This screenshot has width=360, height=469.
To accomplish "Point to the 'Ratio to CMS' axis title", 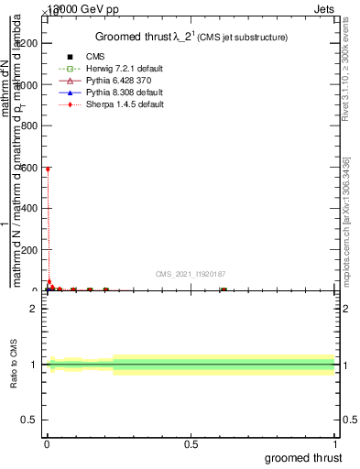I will pos(14,364).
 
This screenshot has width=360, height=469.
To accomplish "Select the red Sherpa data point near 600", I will pos(47,169).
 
